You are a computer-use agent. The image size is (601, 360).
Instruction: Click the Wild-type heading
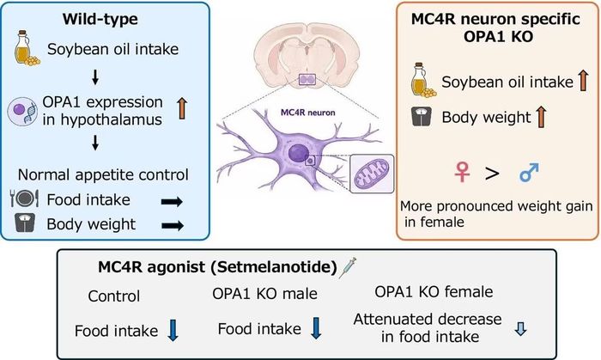100,19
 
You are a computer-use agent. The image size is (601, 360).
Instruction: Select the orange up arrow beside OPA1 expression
182,108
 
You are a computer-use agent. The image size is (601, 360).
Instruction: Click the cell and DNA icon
22,111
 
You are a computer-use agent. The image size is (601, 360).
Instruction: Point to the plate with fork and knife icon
24,198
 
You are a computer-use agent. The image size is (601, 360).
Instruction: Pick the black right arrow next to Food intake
172,201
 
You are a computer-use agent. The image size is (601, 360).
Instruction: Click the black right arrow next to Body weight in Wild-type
173,225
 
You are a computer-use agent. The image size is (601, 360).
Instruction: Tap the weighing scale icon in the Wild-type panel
25,223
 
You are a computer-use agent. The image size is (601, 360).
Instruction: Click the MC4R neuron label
308,113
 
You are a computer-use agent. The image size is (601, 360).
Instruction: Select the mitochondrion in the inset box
372,174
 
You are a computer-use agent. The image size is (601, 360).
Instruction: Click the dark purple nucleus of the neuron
298,153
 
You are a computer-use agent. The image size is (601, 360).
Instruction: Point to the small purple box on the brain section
307,80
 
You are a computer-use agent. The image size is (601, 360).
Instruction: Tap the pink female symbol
462,172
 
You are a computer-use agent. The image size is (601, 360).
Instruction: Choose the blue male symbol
530,172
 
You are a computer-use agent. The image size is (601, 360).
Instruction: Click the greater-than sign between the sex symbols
492,174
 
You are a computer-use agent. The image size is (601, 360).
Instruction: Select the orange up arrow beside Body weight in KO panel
541,117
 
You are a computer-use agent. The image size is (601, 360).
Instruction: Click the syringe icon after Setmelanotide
348,267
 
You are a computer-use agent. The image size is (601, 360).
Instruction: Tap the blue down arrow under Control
173,330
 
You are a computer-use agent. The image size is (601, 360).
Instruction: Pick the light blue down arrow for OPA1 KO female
520,329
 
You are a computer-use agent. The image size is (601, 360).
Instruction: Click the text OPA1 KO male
264,294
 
